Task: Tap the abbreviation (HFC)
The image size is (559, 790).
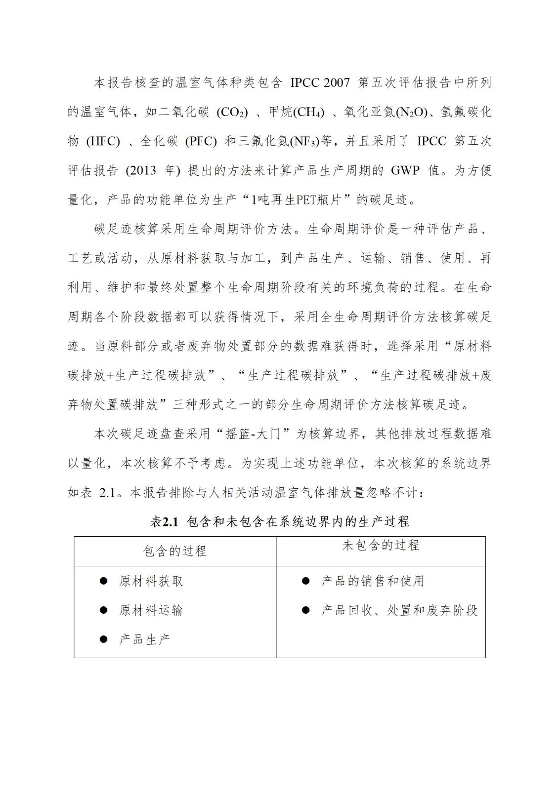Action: pos(103,142)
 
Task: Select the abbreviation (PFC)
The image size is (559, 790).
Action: pos(201,142)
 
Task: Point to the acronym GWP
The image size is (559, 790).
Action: pos(405,171)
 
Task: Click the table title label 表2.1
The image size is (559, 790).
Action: pos(164,522)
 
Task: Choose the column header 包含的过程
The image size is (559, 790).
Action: pos(175,551)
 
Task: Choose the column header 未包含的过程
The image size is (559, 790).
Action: pos(381,545)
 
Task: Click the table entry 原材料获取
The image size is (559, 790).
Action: pos(151,581)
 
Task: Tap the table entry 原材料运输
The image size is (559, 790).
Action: pos(151,610)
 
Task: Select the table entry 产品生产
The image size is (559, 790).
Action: pos(144,639)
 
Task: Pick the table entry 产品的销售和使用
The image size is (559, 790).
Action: pos(373,581)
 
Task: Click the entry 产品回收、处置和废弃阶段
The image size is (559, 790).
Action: pos(399,610)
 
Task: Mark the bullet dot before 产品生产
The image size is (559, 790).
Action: pos(104,639)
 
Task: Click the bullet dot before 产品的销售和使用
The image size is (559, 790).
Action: pos(306,581)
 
